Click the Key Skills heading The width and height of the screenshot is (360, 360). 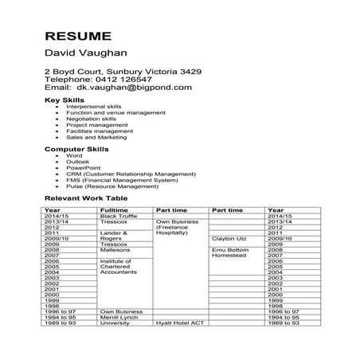63,101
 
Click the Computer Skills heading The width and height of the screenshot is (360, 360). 76,149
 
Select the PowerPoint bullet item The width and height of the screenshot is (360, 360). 84,168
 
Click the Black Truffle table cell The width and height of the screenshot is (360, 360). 119,216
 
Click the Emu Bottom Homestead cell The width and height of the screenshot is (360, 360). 231,252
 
